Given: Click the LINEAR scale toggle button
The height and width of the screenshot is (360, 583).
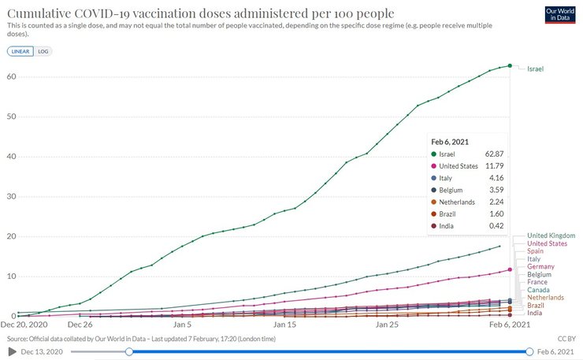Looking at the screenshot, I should click(20, 51).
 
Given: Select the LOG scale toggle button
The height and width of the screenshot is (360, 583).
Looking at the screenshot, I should click(43, 51).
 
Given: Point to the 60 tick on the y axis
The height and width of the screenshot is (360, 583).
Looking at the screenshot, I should click(11, 76).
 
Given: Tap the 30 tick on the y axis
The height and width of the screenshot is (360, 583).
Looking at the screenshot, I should click(11, 197).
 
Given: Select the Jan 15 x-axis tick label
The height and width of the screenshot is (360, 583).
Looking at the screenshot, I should click(284, 324).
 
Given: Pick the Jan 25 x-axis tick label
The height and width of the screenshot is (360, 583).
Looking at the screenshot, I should click(387, 324).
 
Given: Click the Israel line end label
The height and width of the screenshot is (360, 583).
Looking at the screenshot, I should click(535, 69).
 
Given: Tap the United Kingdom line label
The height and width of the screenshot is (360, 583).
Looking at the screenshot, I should click(551, 236).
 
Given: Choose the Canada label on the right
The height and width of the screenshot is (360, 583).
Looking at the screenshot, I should click(539, 290).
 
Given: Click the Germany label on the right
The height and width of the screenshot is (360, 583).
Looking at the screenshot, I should click(541, 267).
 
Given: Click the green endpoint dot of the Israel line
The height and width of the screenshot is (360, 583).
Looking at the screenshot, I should click(510, 65).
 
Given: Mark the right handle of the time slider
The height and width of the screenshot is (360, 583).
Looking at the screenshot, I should click(529, 351).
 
